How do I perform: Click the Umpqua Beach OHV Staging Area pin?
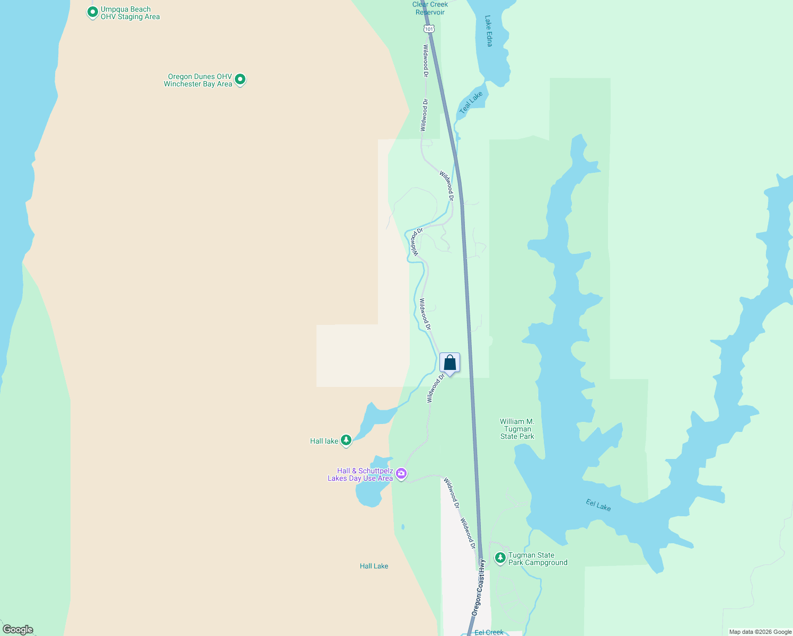pyautogui.click(x=93, y=12)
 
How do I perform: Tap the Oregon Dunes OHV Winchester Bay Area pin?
pyautogui.click(x=240, y=79)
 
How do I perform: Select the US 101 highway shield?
pyautogui.click(x=428, y=29)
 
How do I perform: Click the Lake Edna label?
pyautogui.click(x=489, y=31)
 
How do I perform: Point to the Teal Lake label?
pyautogui.click(x=471, y=102)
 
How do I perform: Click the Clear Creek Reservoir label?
pyautogui.click(x=430, y=8)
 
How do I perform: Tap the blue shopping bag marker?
pyautogui.click(x=450, y=363)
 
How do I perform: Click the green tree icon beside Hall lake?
pyautogui.click(x=346, y=440)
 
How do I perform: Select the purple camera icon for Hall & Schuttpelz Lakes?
pyautogui.click(x=401, y=474)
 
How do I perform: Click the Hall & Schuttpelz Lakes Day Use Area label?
pyautogui.click(x=360, y=474)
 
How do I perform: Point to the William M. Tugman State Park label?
pyautogui.click(x=517, y=429)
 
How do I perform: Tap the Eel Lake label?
pyautogui.click(x=598, y=505)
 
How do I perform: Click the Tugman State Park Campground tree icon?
pyautogui.click(x=500, y=558)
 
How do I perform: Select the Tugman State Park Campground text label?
pyautogui.click(x=538, y=559)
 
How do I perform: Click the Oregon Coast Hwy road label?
pyautogui.click(x=478, y=588)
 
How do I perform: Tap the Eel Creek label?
pyautogui.click(x=489, y=632)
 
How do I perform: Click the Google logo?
pyautogui.click(x=18, y=629)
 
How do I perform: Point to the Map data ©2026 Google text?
pyautogui.click(x=760, y=632)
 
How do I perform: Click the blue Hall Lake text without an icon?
pyautogui.click(x=374, y=566)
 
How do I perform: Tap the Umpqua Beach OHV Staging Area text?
pyautogui.click(x=130, y=13)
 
